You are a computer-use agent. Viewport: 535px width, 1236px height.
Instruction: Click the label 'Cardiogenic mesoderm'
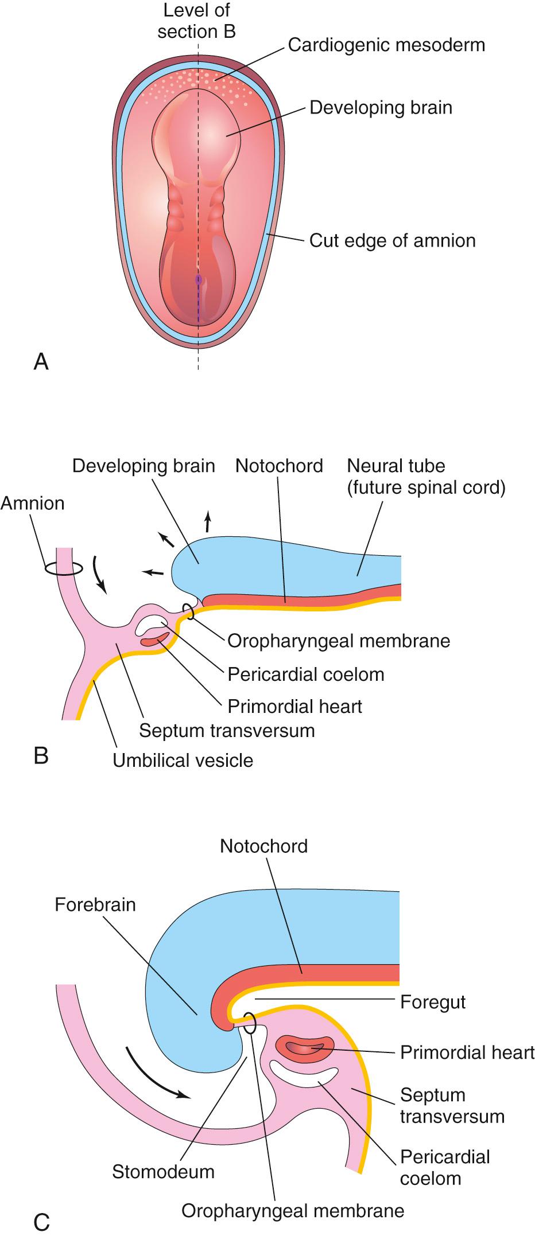click(386, 45)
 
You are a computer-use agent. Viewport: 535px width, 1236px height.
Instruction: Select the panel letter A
click(41, 362)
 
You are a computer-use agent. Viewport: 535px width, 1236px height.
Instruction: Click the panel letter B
click(41, 755)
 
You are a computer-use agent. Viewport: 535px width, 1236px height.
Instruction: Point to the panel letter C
click(41, 1222)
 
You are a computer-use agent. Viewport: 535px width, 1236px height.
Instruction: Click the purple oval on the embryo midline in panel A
click(199, 280)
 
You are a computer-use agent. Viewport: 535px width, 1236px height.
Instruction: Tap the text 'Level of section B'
click(197, 21)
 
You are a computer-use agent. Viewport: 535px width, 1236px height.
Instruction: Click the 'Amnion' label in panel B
click(33, 503)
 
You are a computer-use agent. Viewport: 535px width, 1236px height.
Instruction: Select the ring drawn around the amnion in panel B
click(64, 568)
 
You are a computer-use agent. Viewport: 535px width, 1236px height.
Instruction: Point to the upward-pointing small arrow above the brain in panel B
click(207, 523)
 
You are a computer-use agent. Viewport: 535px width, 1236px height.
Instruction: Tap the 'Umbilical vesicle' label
click(183, 761)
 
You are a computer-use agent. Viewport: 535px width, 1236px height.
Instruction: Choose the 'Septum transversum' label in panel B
click(227, 730)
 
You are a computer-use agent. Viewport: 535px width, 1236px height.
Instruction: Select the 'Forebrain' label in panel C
click(95, 904)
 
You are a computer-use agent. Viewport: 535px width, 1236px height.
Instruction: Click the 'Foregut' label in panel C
click(433, 1002)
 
